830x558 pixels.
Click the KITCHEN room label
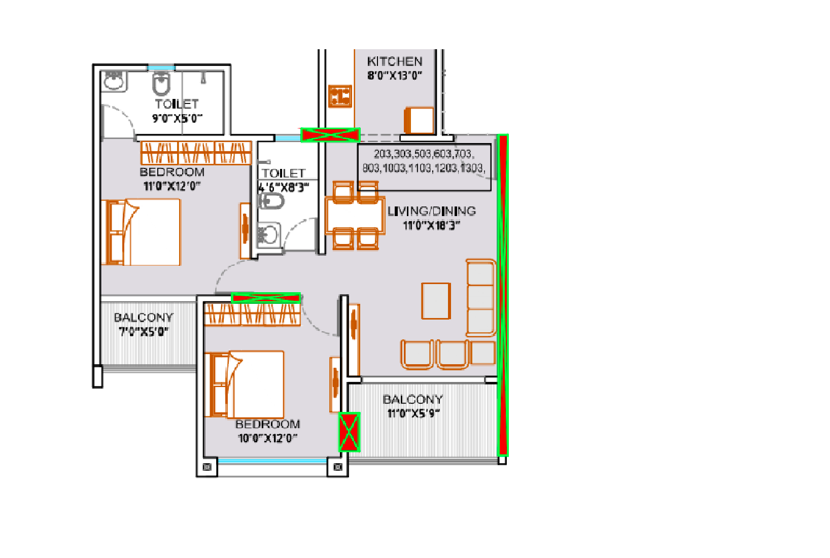point(394,61)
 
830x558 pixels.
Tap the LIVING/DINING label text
point(431,211)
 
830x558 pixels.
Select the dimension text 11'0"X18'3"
point(431,225)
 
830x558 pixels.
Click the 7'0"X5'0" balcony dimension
point(144,332)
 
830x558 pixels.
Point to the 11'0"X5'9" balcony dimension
point(413,413)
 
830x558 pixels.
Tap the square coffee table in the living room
point(436,301)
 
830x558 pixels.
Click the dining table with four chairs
point(355,216)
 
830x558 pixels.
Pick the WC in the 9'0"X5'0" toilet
point(161,84)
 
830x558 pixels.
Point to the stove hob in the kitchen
point(340,96)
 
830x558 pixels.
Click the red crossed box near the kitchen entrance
point(330,134)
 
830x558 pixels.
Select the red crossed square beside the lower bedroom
point(349,432)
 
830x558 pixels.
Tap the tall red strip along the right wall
point(502,294)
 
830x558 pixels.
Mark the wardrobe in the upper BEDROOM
point(196,153)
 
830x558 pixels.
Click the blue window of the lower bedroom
point(272,461)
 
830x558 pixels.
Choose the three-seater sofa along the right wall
point(480,297)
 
